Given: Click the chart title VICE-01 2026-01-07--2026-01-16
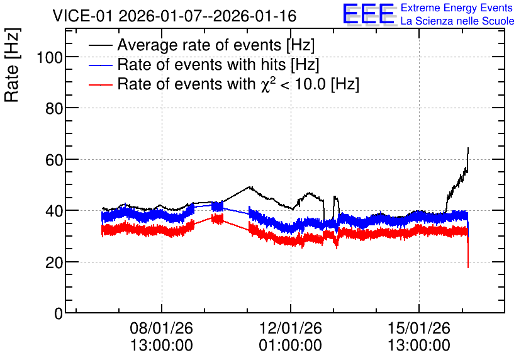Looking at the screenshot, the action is pos(174,16).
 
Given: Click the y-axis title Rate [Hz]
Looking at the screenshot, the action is pos(12,65).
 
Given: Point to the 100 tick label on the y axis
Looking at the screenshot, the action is pos(50,57).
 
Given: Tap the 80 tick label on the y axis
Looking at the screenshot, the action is pos(54,109).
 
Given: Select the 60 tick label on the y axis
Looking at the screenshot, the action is pos(54,160).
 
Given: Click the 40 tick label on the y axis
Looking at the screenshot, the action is pos(54,211).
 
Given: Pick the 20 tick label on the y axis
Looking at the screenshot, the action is pos(54,262).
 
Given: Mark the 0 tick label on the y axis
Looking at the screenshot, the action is pos(59,313).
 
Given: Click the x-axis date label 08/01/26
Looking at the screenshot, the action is pos(161,328).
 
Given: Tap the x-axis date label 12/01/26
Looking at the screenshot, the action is pos(291,328).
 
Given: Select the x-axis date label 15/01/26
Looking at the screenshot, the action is pos(419,328).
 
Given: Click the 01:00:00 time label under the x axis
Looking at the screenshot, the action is pos(291,346).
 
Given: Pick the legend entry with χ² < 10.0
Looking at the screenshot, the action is pos(238,84).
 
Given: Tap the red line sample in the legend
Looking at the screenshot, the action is pos(100,84).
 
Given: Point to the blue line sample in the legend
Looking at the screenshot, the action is pos(100,65).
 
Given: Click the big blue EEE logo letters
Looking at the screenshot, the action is pos(369,14).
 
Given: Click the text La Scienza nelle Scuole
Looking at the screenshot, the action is pos(457,21).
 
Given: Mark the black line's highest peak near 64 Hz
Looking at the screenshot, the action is pos(468,148).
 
